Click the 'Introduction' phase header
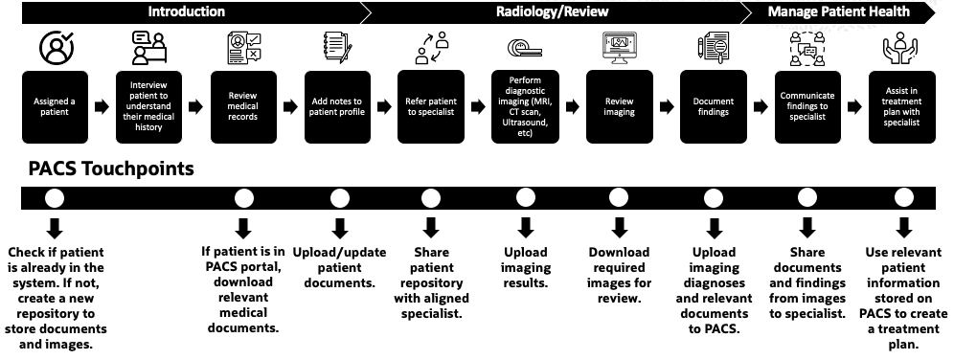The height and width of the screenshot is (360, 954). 186,12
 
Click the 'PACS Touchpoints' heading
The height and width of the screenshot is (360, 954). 98,169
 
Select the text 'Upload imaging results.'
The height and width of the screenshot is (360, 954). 525,268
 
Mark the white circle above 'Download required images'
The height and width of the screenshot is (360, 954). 619,199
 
